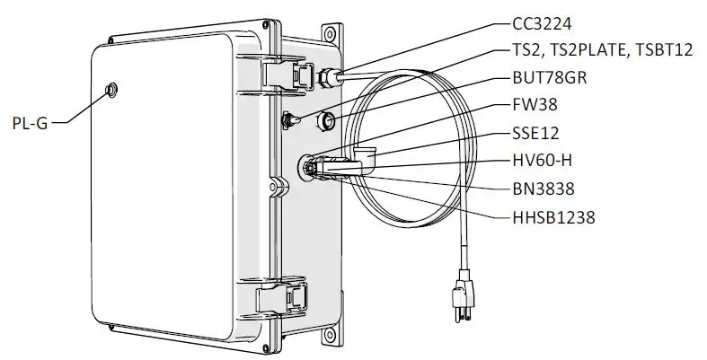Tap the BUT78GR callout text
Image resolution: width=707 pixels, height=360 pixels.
pyautogui.click(x=550, y=78)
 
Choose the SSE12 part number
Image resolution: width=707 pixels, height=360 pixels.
pyautogui.click(x=535, y=134)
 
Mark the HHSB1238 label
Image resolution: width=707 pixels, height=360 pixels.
pyautogui.click(x=552, y=215)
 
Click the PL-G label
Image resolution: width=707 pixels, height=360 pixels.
pyautogui.click(x=29, y=125)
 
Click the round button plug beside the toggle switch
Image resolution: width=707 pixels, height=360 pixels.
pyautogui.click(x=328, y=119)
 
